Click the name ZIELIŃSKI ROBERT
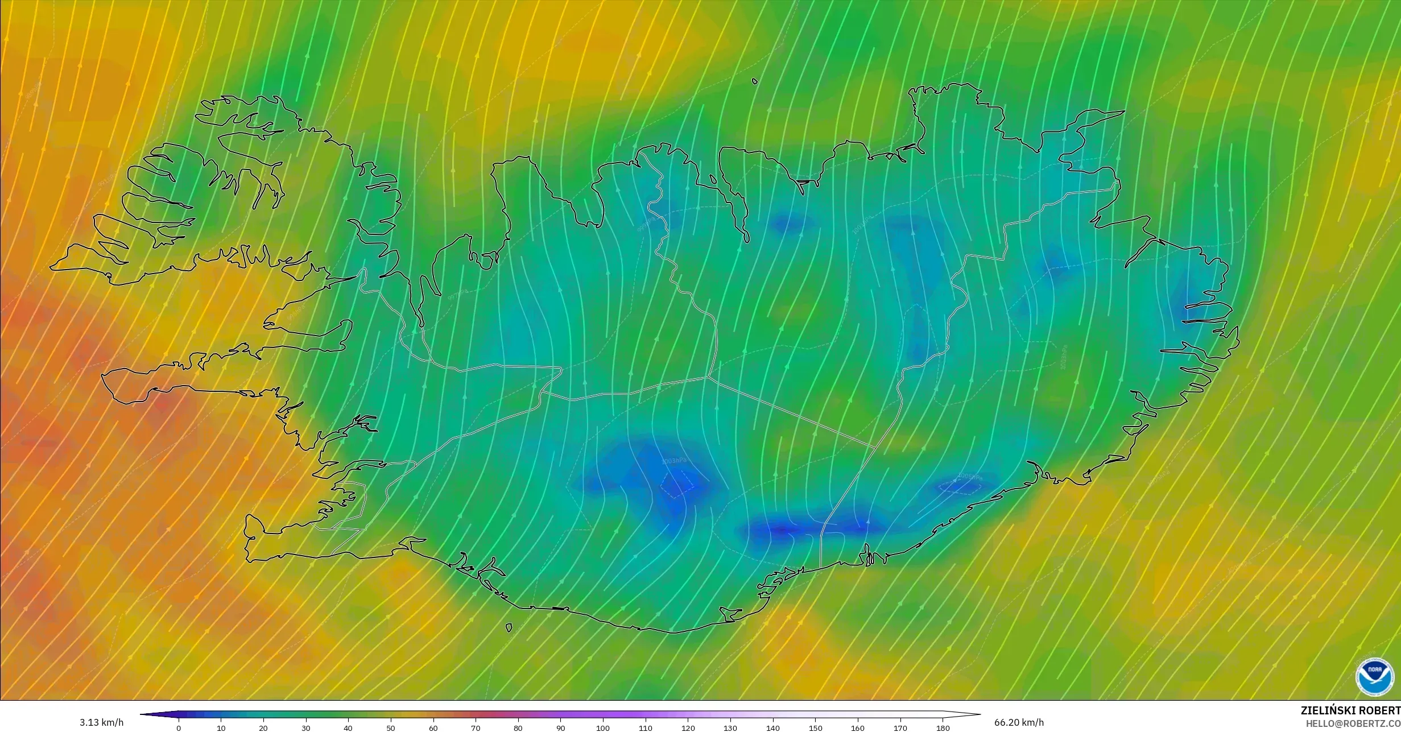[x=1350, y=710]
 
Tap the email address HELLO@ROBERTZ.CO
[x=1353, y=723]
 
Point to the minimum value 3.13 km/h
[x=101, y=722]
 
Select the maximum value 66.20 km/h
[x=1019, y=722]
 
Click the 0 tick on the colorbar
[x=179, y=728]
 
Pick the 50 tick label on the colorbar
[x=391, y=728]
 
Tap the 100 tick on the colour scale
[x=603, y=728]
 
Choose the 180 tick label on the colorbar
[x=943, y=728]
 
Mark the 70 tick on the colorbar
[x=476, y=728]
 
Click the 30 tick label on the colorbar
[x=306, y=728]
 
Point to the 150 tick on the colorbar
[x=815, y=728]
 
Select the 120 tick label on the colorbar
[x=688, y=728]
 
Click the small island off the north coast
[x=755, y=81]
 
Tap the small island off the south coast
[x=509, y=628]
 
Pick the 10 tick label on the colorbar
[x=221, y=728]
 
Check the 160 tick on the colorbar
[x=858, y=728]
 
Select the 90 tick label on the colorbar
[x=560, y=728]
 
